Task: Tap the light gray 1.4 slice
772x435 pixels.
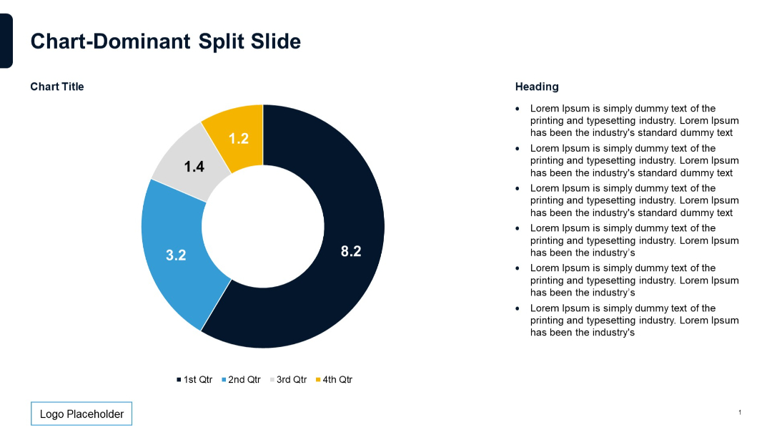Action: (182, 154)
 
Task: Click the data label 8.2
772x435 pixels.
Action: (351, 251)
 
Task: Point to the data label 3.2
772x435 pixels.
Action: (176, 255)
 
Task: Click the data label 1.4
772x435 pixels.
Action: (194, 167)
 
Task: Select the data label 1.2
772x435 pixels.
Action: (239, 139)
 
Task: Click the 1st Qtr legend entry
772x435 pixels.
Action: (194, 379)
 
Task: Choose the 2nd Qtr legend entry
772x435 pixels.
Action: (241, 379)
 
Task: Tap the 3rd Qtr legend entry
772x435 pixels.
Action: (288, 379)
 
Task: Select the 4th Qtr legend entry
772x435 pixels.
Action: (335, 379)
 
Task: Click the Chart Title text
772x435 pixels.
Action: (57, 87)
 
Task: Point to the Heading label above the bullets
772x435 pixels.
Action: (537, 87)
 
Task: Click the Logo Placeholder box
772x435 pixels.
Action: (81, 414)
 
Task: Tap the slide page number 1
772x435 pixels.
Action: (740, 412)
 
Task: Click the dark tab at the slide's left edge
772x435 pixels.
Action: (6, 41)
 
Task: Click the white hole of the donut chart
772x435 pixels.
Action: (263, 226)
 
